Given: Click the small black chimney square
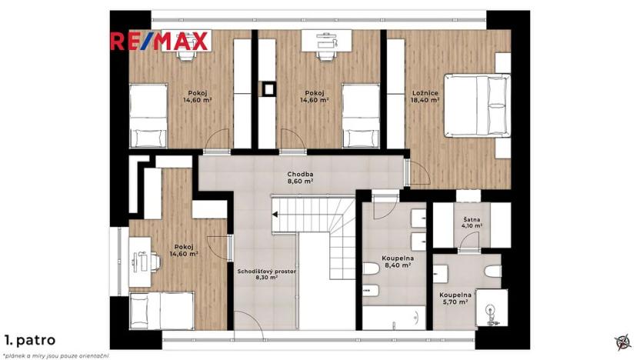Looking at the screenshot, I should [269, 88].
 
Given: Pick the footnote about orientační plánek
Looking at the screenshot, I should [56, 355].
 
